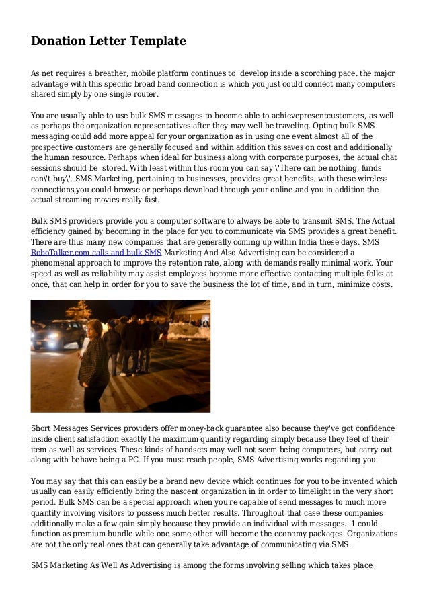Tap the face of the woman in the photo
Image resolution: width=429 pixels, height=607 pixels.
point(94,327)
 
